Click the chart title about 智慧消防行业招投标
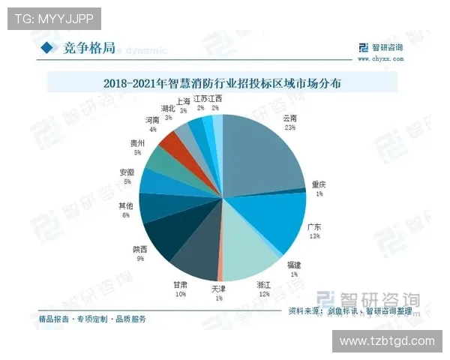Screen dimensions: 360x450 click(x=223, y=83)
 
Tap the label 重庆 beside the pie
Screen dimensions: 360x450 click(x=319, y=184)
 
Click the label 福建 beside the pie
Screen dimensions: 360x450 click(x=294, y=265)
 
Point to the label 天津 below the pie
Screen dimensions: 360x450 click(x=217, y=288)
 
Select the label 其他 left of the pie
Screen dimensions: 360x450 click(x=127, y=205)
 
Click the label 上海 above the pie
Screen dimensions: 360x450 click(x=184, y=100)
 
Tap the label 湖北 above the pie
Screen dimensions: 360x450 click(x=168, y=109)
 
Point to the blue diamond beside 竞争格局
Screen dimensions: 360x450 click(x=47, y=48)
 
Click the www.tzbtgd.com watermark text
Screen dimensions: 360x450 click(x=386, y=341)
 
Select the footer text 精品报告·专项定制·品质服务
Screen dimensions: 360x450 click(x=92, y=319)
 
